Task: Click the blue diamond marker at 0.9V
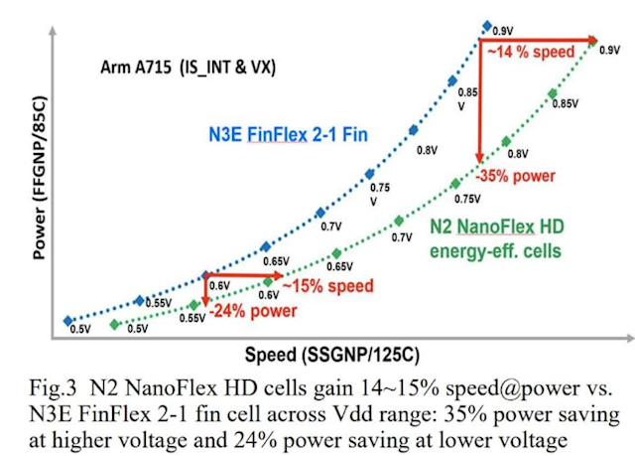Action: coord(486,25)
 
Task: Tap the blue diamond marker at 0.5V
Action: coord(67,320)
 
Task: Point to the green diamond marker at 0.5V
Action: coord(115,325)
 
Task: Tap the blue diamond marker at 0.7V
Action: coord(319,212)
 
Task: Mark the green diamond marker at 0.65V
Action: coord(336,253)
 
